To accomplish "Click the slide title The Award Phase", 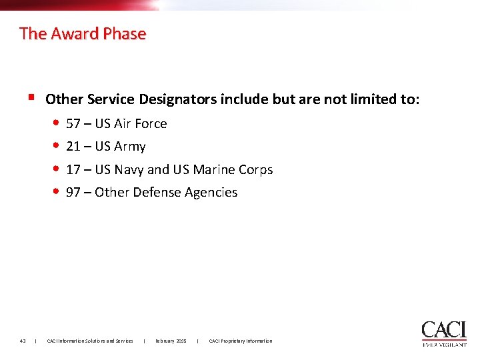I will pyautogui.click(x=83, y=33).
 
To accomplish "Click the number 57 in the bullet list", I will pyautogui.click(x=73, y=123).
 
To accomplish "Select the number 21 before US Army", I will pyautogui.click(x=73, y=146).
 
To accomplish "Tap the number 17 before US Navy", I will pyautogui.click(x=73, y=169).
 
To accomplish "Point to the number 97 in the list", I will pyautogui.click(x=73, y=192).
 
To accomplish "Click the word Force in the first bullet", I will pyautogui.click(x=151, y=123).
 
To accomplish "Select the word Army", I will pyautogui.click(x=130, y=147).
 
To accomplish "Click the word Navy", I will pyautogui.click(x=129, y=170).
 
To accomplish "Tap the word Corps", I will pyautogui.click(x=256, y=169).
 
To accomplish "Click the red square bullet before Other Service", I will pyautogui.click(x=31, y=97).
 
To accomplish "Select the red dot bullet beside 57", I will pyautogui.click(x=57, y=123).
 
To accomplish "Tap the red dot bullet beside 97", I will pyautogui.click(x=57, y=192).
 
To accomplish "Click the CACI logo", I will pyautogui.click(x=444, y=333).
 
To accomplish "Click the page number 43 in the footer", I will pyautogui.click(x=23, y=341).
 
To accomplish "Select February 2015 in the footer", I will pyautogui.click(x=171, y=341).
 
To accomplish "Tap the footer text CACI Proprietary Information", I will pyautogui.click(x=241, y=341).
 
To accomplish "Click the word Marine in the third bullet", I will pyautogui.click(x=213, y=169).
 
